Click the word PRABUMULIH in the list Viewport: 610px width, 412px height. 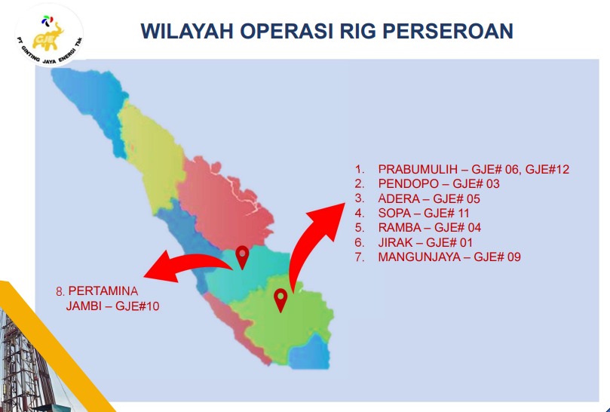pyautogui.click(x=418, y=169)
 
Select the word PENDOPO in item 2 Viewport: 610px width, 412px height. pyautogui.click(x=408, y=184)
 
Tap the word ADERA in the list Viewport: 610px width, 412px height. pyautogui.click(x=399, y=198)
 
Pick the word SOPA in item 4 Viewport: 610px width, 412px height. pyautogui.click(x=394, y=213)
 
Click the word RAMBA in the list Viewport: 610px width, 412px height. pyautogui.click(x=400, y=227)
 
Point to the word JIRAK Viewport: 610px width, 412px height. pyautogui.click(x=395, y=242)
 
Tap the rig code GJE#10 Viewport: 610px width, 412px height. pyautogui.click(x=137, y=306)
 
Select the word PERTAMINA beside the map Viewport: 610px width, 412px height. pyautogui.click(x=103, y=291)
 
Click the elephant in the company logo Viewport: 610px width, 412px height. pyautogui.click(x=48, y=35)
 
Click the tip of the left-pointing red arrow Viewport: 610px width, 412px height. pyautogui.click(x=144, y=276)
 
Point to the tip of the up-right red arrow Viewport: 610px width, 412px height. pyautogui.click(x=345, y=203)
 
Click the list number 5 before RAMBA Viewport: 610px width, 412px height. pyautogui.click(x=359, y=227)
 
